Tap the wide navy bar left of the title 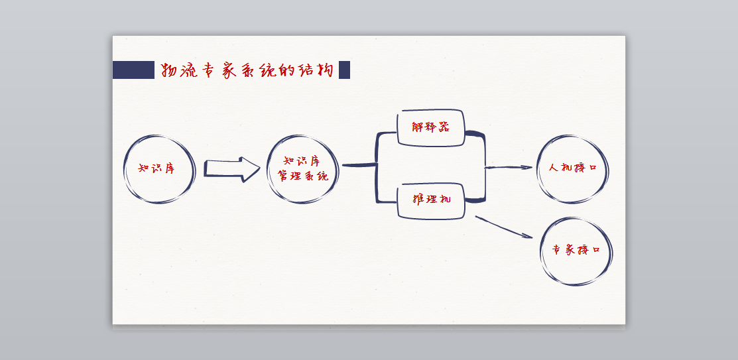tap(133, 70)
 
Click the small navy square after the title tap(344, 70)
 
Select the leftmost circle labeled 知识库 tap(159, 169)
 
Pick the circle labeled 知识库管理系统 tap(303, 169)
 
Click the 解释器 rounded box tap(430, 127)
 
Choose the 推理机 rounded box tap(431, 200)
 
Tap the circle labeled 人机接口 tap(572, 168)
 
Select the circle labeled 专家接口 tap(576, 251)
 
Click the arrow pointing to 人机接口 tap(509, 168)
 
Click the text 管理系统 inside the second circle tap(303, 177)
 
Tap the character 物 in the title tap(169, 70)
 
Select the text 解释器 tap(430, 127)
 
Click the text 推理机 tap(431, 199)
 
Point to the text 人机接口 tap(573, 168)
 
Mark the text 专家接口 tap(576, 251)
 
